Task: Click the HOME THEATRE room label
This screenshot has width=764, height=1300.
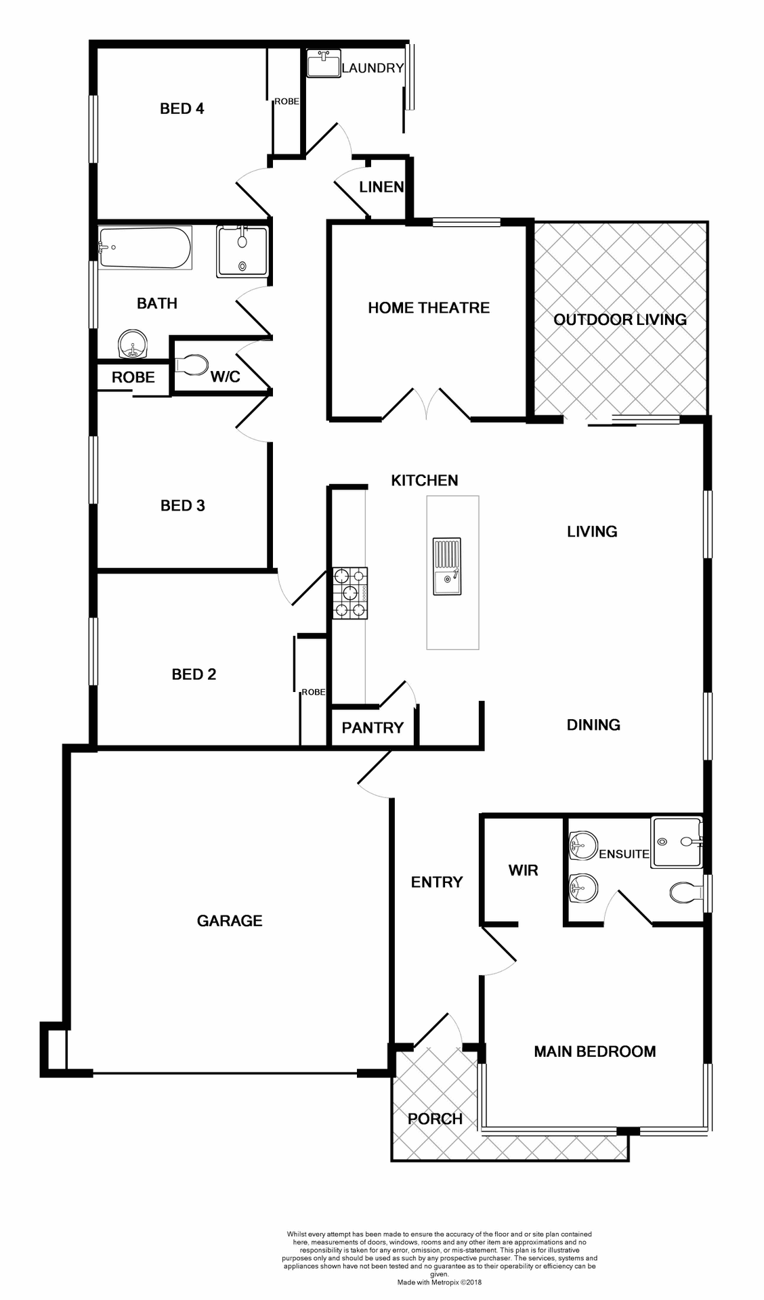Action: [x=429, y=308]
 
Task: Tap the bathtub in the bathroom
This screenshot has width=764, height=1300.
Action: [x=144, y=248]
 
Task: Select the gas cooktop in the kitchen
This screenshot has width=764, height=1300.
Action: [x=349, y=593]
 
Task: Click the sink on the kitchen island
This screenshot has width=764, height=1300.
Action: [x=447, y=567]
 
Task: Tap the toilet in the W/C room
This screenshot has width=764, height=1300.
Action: [x=192, y=365]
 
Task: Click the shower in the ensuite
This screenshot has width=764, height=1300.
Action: [x=676, y=842]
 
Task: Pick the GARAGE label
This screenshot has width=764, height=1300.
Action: [x=230, y=921]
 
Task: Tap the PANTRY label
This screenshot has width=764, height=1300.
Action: [x=373, y=728]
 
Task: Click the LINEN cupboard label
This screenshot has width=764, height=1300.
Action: [x=381, y=187]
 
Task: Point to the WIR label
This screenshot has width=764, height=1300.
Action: [x=523, y=871]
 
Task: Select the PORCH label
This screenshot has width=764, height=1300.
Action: [x=435, y=1119]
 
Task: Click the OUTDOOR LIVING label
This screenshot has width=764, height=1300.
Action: [x=620, y=320]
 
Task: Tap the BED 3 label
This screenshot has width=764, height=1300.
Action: [x=182, y=506]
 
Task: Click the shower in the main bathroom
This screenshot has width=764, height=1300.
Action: [x=242, y=251]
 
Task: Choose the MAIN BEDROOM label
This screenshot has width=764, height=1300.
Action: [x=595, y=1052]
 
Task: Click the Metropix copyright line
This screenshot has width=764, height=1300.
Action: [x=439, y=1282]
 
